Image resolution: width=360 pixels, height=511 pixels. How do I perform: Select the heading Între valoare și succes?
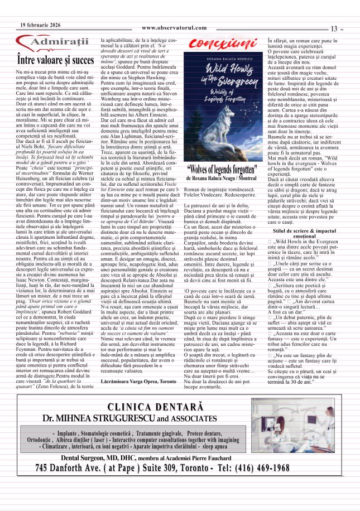[x=55, y=59]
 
